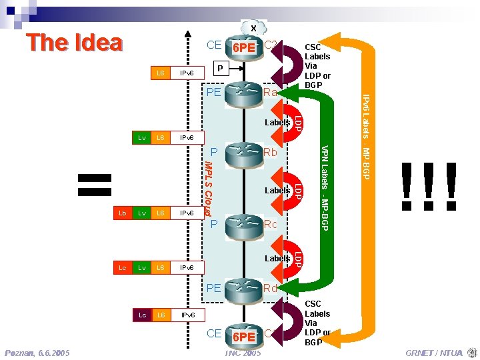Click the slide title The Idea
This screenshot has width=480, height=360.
(x=74, y=43)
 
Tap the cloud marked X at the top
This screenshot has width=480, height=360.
(x=253, y=28)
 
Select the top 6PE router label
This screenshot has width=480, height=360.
(x=243, y=48)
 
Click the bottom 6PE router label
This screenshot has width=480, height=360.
(x=243, y=337)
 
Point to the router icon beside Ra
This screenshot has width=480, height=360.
(x=243, y=93)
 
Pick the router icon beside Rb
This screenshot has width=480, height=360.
(x=243, y=153)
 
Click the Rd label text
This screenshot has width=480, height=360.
(x=271, y=288)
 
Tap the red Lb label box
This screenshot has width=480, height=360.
(x=122, y=213)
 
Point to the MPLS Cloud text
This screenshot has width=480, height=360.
(x=208, y=188)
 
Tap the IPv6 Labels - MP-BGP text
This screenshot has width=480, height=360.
(x=367, y=137)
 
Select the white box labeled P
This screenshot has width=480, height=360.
(x=221, y=67)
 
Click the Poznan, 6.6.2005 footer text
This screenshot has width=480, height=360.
(x=37, y=353)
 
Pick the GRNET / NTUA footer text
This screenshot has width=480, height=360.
(x=433, y=353)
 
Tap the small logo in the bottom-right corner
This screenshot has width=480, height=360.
(x=472, y=352)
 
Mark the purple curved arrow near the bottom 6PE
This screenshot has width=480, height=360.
(x=291, y=321)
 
